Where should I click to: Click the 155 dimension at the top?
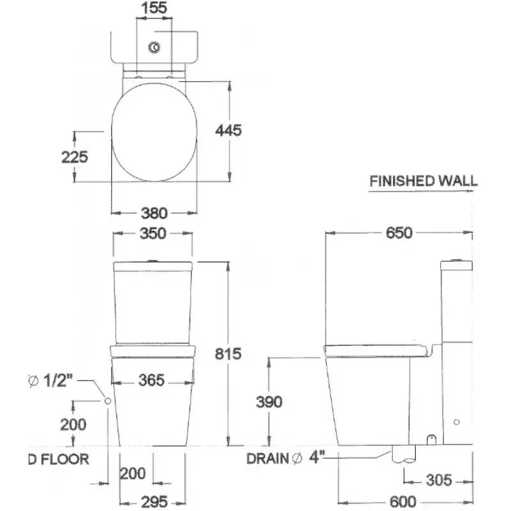[154, 8]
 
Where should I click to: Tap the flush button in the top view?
[154, 47]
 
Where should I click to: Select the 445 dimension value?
[229, 130]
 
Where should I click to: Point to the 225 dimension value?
[75, 157]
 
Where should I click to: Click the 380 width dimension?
[154, 213]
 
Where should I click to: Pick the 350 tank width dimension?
[153, 234]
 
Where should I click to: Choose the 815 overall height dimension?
[228, 354]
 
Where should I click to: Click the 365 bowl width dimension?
[151, 380]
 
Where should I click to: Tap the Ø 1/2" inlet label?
[50, 380]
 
